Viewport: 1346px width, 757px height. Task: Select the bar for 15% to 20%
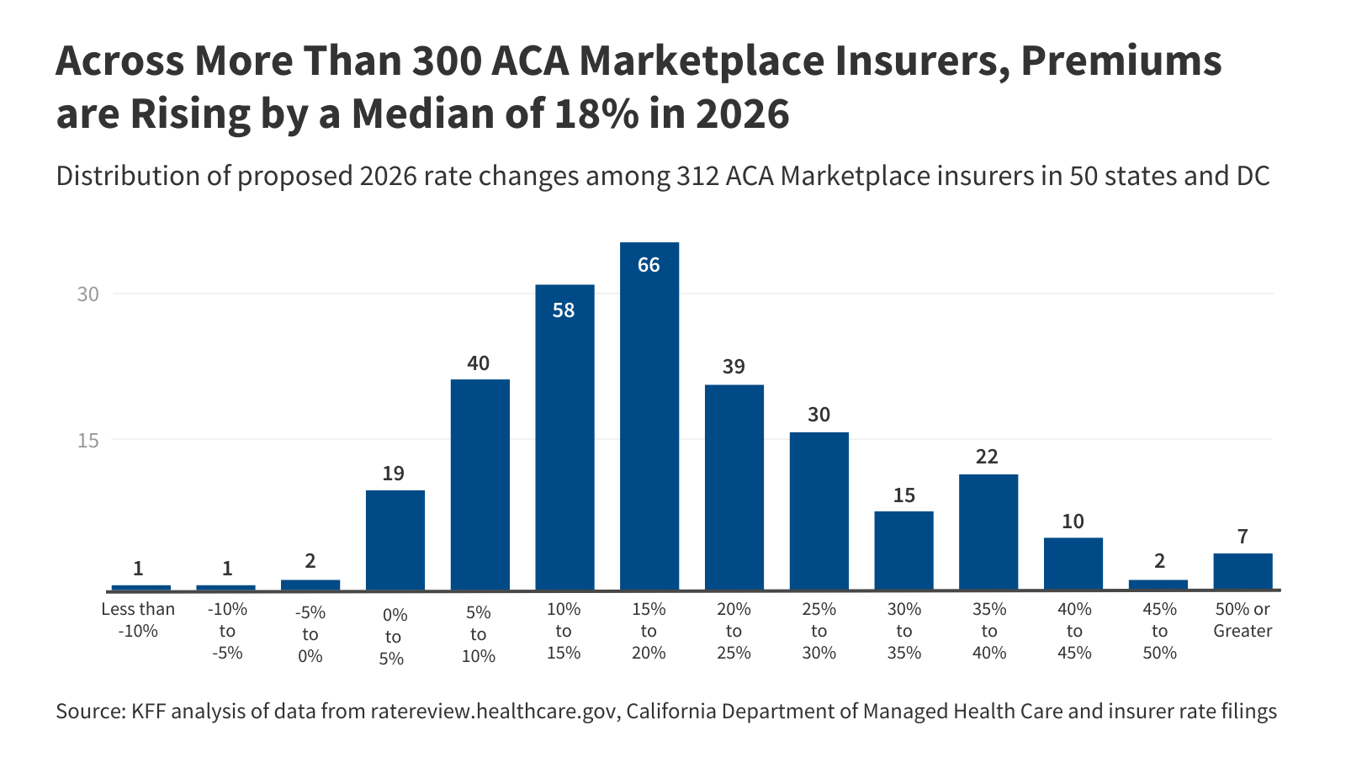click(649, 416)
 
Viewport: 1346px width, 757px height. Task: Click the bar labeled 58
click(564, 437)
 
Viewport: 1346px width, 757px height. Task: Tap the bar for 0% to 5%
click(395, 540)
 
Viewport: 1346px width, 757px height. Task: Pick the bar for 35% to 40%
click(988, 532)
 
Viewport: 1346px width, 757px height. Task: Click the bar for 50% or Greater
click(1243, 571)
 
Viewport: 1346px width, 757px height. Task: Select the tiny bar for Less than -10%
click(140, 587)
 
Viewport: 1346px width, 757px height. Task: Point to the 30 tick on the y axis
click(88, 294)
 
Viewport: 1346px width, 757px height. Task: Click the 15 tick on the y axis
click(88, 440)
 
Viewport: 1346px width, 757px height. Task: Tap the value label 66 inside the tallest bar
click(649, 265)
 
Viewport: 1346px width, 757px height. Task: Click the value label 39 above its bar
click(734, 367)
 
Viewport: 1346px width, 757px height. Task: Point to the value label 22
click(987, 457)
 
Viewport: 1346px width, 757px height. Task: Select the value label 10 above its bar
click(1073, 521)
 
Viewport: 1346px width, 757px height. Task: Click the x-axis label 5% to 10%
click(479, 634)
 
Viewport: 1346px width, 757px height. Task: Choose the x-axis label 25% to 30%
click(819, 631)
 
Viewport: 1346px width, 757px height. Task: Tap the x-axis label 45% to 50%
click(1159, 631)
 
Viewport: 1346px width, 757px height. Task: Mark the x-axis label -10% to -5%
click(227, 631)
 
